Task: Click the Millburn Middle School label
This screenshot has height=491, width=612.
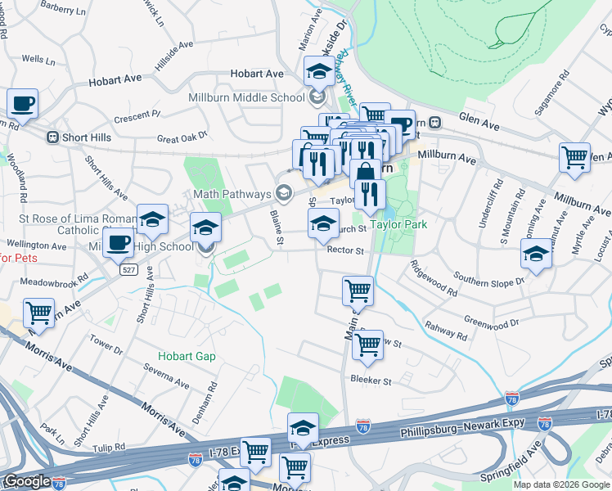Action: pos(246,98)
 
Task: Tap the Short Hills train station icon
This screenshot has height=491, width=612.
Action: pos(52,137)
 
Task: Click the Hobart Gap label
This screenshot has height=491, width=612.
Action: pos(187,356)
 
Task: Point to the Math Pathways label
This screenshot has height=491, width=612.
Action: pos(232,194)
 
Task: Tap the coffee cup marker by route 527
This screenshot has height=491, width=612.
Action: pos(119,244)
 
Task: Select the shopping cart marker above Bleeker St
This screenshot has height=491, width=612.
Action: pos(367,345)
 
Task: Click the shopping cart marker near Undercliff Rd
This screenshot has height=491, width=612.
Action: pos(575,156)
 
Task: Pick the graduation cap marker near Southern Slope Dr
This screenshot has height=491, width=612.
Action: pos(536,254)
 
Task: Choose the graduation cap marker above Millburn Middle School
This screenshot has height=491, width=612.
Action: pos(318,72)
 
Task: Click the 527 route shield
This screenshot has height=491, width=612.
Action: pos(128,269)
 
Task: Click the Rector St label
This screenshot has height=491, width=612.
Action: pos(344,250)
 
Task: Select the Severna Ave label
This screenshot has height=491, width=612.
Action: pos(166,378)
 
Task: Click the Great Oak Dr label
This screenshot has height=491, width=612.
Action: pos(183,137)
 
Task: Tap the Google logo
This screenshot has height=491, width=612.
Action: pos(27,481)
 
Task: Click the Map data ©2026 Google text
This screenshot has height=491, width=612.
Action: pos(561,484)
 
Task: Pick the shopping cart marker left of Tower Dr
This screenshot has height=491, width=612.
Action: pos(38,313)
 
